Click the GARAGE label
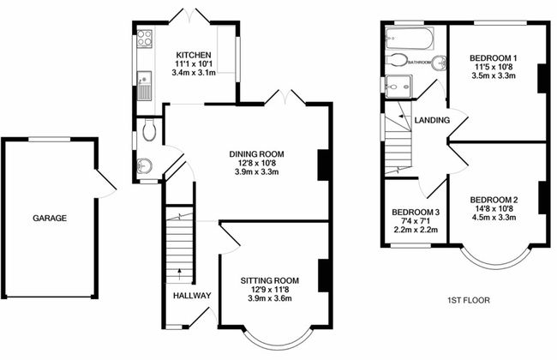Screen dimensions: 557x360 point(50,218)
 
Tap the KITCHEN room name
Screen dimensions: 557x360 point(194,55)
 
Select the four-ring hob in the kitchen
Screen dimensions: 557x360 point(145,38)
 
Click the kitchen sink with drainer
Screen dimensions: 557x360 point(144,86)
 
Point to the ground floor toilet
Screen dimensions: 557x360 point(149,130)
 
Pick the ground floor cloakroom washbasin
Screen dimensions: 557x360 point(145,165)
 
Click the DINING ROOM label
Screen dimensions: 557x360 point(256,154)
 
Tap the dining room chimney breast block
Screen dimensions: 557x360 point(323,165)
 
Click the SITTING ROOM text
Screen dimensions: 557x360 point(270,281)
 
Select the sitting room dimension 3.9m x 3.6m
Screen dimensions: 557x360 point(270,298)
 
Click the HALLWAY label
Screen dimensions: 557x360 point(192,296)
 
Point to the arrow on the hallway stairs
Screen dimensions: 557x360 point(179,273)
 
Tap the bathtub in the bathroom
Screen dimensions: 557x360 point(410,39)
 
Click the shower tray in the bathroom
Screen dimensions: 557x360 point(398,87)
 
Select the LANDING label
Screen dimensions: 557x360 point(432,120)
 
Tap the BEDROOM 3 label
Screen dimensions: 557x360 point(416,213)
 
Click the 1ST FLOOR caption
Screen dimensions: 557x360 point(468,300)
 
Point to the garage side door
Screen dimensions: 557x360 point(106,183)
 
